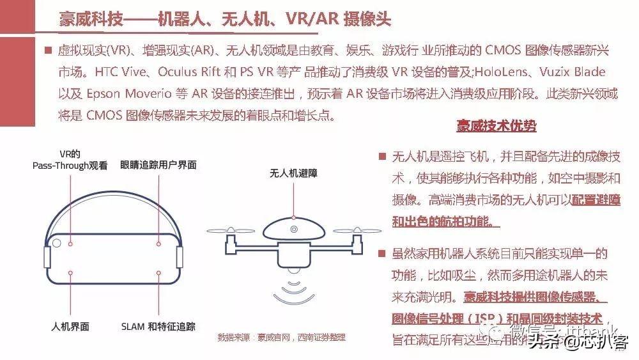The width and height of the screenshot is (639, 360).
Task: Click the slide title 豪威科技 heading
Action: point(224,17)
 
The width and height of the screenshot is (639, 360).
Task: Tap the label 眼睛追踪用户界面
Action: point(158,165)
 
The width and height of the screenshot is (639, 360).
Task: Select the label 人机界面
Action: point(70,327)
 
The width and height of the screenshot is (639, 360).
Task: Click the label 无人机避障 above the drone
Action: point(293,173)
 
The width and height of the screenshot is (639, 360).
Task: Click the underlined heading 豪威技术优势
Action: point(496,126)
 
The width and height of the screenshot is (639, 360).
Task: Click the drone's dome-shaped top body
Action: point(293,230)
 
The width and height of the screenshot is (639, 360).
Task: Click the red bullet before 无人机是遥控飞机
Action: point(382,157)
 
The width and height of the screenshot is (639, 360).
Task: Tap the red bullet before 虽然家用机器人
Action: point(382,253)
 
